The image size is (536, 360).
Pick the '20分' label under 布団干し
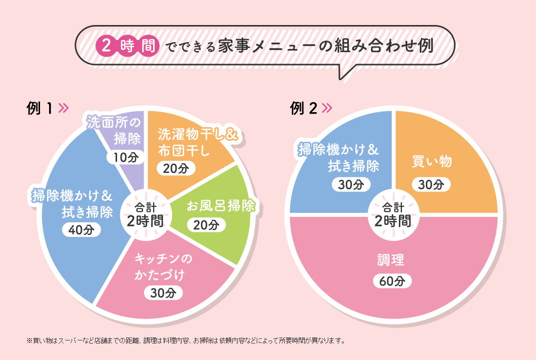coord(173,168)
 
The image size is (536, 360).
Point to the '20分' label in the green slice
coord(206,225)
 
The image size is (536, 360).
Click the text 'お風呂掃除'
coord(221,206)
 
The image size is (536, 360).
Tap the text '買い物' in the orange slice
coord(431,162)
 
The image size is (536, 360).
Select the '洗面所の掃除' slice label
coord(114,130)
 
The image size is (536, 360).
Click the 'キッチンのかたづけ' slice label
coord(163,267)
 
